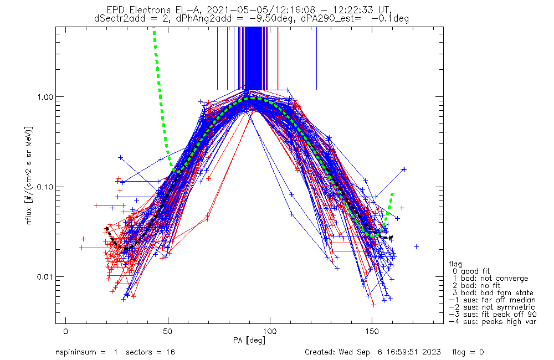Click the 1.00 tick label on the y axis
(44, 97)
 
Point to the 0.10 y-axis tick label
(44, 187)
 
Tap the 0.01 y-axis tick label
(44, 276)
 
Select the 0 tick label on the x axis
(66, 331)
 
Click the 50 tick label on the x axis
(168, 331)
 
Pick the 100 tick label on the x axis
(270, 331)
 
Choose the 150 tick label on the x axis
(372, 331)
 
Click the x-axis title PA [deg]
(249, 341)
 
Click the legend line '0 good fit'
(470, 271)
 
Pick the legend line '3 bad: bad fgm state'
(493, 293)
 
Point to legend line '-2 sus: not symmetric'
(492, 307)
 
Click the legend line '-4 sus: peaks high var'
(493, 322)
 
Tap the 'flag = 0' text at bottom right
(468, 352)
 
